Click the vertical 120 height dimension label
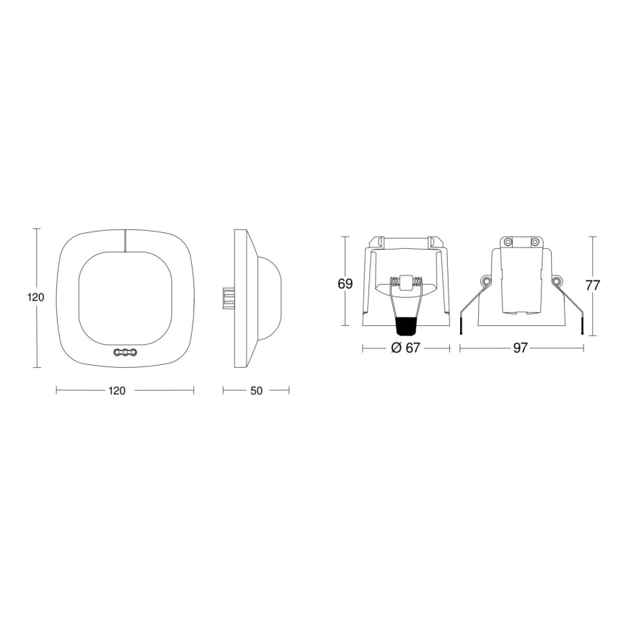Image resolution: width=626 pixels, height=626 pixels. click(x=36, y=297)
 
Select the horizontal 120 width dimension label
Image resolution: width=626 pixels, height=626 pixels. click(x=117, y=391)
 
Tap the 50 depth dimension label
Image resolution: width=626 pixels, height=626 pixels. click(x=256, y=391)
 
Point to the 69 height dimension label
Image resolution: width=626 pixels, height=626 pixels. click(x=345, y=284)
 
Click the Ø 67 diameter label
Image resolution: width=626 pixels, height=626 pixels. click(x=405, y=348)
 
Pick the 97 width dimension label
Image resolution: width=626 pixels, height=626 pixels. click(x=521, y=348)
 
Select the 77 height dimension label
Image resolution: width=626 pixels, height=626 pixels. click(x=593, y=284)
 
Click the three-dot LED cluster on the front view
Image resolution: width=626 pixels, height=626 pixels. click(x=125, y=353)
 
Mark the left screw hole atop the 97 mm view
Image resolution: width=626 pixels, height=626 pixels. click(x=508, y=242)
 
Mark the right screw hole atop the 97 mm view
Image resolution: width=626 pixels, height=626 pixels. click(x=535, y=242)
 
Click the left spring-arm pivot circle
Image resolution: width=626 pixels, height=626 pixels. click(x=487, y=281)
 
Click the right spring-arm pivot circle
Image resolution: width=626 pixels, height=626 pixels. click(x=556, y=281)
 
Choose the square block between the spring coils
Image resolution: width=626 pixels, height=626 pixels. click(x=407, y=283)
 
